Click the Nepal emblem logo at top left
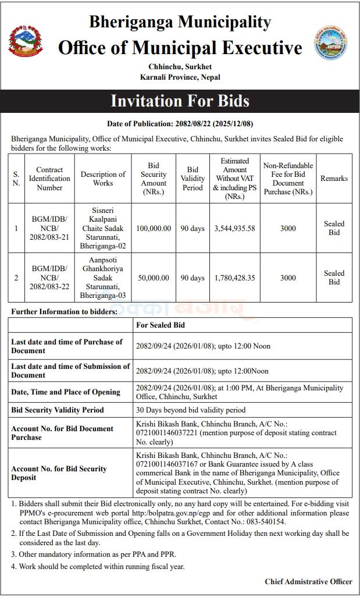26,42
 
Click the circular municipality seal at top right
331,43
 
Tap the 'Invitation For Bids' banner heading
180,101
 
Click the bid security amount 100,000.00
154,228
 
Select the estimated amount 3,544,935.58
234,228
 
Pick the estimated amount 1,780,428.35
234,278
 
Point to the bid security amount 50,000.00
154,278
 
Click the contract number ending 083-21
49,228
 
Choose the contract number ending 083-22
49,278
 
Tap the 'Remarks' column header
334,179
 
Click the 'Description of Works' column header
103,179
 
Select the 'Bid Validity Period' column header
193,179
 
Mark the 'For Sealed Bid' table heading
161,325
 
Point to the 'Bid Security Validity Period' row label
58,410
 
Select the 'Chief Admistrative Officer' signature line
308,581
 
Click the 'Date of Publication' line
180,124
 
